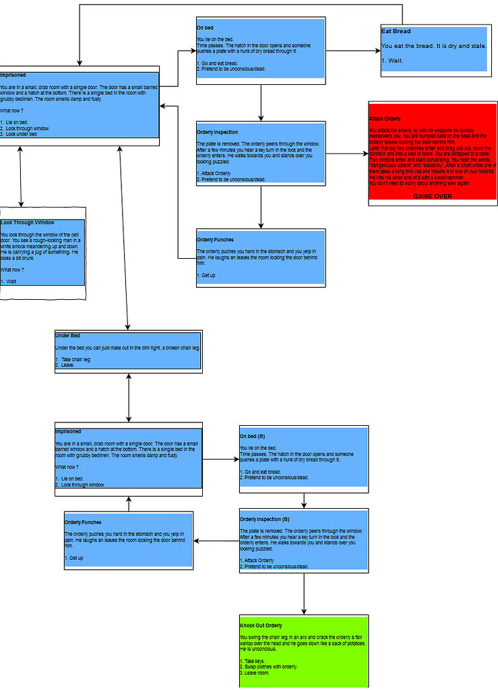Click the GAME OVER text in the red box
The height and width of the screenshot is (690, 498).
pos(432,196)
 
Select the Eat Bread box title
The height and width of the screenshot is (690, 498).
pos(396,32)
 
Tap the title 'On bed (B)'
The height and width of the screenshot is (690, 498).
pos(252,436)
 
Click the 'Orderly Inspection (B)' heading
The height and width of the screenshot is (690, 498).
pos(264,520)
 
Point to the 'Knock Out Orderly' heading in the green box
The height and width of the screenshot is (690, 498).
pos(261,625)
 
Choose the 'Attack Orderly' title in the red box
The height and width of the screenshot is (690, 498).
pos(385,119)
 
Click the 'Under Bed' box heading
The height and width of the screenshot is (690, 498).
pos(68,336)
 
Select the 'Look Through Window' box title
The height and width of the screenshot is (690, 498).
pos(28,222)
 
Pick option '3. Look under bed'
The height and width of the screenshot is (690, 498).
pos(20,134)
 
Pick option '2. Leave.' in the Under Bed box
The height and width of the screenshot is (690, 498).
pos(65,365)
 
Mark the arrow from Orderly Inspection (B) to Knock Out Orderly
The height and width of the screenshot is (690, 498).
pos(304,593)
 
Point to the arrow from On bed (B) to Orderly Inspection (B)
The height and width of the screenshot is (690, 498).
pos(304,500)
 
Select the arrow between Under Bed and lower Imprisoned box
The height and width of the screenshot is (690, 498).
pos(129,397)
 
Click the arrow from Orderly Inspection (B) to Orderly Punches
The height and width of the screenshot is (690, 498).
pos(216,541)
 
